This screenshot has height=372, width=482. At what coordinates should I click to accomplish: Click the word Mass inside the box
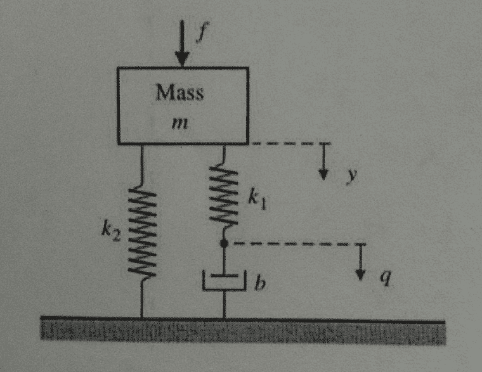coord(180,92)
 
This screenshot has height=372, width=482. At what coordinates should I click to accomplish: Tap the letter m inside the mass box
coord(180,123)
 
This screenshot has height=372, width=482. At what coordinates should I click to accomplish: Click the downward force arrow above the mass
coord(182,42)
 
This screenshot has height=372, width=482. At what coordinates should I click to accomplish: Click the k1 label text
coord(257,200)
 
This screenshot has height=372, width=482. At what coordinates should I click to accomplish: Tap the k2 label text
coord(111,231)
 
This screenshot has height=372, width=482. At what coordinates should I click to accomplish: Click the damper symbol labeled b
coord(225,280)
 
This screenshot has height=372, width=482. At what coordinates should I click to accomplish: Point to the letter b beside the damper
coord(260,283)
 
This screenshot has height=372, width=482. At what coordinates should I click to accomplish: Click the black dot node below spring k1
coord(224,243)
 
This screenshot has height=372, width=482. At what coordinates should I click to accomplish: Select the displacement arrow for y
coord(323,161)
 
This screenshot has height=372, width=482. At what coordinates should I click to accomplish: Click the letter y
coord(351,176)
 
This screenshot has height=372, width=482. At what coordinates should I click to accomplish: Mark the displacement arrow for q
coord(360,262)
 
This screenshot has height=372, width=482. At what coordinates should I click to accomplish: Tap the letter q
coord(386,278)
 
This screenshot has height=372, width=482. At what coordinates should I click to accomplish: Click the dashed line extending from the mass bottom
coord(290,143)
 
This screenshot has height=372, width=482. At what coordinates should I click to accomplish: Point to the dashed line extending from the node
coord(297,244)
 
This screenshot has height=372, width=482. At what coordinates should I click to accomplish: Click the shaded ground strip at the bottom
coord(243,332)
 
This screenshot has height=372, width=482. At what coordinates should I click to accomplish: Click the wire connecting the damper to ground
coord(225,304)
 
